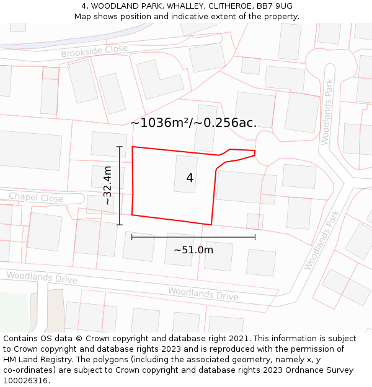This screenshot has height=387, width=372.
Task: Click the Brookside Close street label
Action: pos(94,51)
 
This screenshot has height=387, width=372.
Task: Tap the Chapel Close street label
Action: pos(36,198)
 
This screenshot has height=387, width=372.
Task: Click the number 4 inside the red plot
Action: pos(190,178)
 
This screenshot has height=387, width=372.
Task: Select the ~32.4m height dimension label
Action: pos(107,186)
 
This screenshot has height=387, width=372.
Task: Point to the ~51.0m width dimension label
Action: pos(193,250)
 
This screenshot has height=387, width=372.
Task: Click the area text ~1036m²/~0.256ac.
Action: pos(193,123)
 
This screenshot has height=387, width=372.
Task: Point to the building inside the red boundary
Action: pos(186,174)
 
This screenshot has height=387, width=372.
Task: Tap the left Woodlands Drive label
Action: pos(42,277)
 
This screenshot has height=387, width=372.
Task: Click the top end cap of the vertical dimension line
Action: pos(120,147)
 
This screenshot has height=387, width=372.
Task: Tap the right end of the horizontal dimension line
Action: pos(255,237)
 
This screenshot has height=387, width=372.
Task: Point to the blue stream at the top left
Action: pos(74,41)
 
